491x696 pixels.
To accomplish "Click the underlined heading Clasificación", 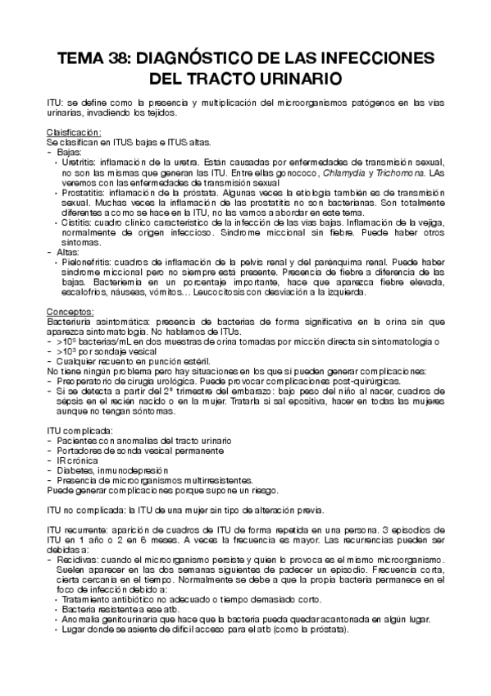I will [x=73, y=132].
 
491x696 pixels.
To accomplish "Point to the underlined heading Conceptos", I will [x=70, y=312].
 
